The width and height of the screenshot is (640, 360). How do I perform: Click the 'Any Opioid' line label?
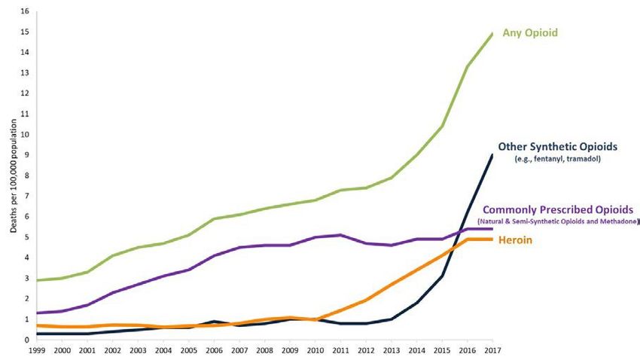pyautogui.click(x=536, y=32)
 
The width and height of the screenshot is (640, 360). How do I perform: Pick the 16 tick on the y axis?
pyautogui.click(x=26, y=11)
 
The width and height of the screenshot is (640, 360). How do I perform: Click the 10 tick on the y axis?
pyautogui.click(x=26, y=135)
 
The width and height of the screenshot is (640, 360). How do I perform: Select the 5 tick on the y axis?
pyautogui.click(x=26, y=237)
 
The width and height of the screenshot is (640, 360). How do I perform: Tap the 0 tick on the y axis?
pyautogui.click(x=26, y=340)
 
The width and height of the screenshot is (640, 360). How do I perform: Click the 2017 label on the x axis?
pyautogui.click(x=492, y=350)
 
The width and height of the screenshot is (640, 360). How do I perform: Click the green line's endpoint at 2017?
pyautogui.click(x=492, y=34)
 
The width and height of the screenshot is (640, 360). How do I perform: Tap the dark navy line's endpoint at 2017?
pyautogui.click(x=492, y=155)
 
